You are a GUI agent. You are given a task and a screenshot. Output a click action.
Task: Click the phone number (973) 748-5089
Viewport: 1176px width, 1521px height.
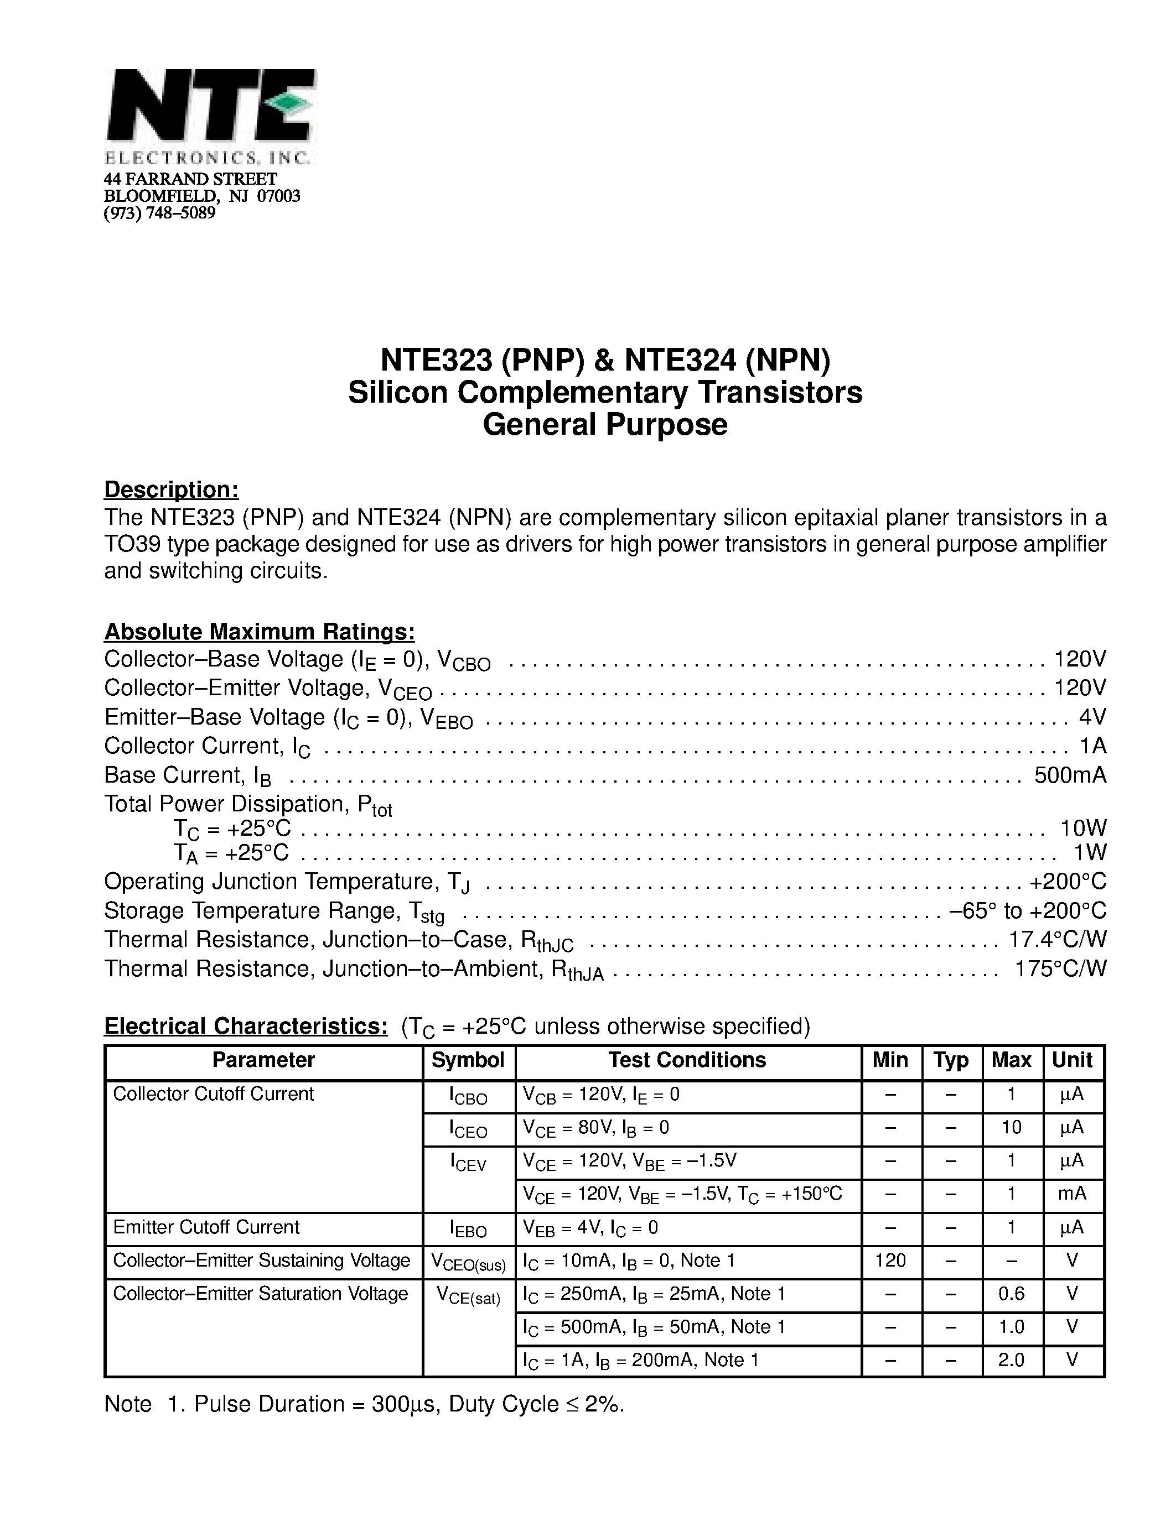click(x=159, y=213)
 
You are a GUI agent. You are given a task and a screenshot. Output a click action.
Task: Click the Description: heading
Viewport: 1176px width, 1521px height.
click(x=172, y=489)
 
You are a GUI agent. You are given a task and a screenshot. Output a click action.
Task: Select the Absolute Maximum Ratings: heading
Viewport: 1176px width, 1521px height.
click(x=259, y=632)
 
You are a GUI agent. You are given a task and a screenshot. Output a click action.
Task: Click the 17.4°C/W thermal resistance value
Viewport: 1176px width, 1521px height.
click(x=1058, y=940)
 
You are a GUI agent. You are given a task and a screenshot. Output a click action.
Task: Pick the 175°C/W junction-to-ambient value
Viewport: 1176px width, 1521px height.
click(x=1060, y=968)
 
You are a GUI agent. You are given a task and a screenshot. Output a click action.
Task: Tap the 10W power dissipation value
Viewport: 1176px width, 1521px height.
click(x=1082, y=828)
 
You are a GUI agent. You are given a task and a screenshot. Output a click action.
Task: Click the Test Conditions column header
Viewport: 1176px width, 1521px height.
click(x=687, y=1060)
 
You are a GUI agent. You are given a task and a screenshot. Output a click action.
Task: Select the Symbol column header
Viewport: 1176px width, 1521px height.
click(x=468, y=1060)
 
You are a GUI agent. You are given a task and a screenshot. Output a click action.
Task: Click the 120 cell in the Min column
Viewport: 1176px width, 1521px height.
click(x=890, y=1260)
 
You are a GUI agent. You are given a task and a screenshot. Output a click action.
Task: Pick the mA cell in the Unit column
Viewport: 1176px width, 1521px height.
click(x=1072, y=1194)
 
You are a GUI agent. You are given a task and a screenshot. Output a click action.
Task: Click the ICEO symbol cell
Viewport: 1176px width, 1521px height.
click(x=468, y=1129)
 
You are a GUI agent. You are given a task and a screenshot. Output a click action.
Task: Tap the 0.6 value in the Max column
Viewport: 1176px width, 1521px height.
click(x=1011, y=1294)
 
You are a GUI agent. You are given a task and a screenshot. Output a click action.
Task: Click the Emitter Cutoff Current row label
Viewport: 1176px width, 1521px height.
click(x=206, y=1227)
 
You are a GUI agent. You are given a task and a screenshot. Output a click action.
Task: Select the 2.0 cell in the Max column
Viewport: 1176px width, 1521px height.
click(x=1011, y=1360)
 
